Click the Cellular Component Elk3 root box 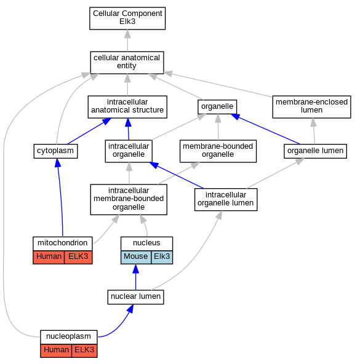coord(127,18)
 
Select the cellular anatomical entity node coord(127,63)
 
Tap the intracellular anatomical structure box coord(127,107)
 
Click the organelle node coord(217,107)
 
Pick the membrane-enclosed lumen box coord(311,107)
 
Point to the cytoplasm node coord(55,151)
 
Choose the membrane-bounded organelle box coord(218,151)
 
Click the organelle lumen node coord(315,151)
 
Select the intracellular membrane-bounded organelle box coord(129,199)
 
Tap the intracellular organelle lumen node coord(226,200)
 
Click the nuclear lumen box coord(135,297)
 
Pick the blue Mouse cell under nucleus coord(136,257)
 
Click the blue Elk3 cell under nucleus coord(162,257)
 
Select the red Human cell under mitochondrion coord(49,257)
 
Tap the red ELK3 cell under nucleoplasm coord(84,350)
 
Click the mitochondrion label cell coord(63,243)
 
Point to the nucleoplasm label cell coord(68,337)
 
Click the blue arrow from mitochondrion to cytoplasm coord(60,197)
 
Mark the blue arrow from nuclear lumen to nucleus coord(136,277)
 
